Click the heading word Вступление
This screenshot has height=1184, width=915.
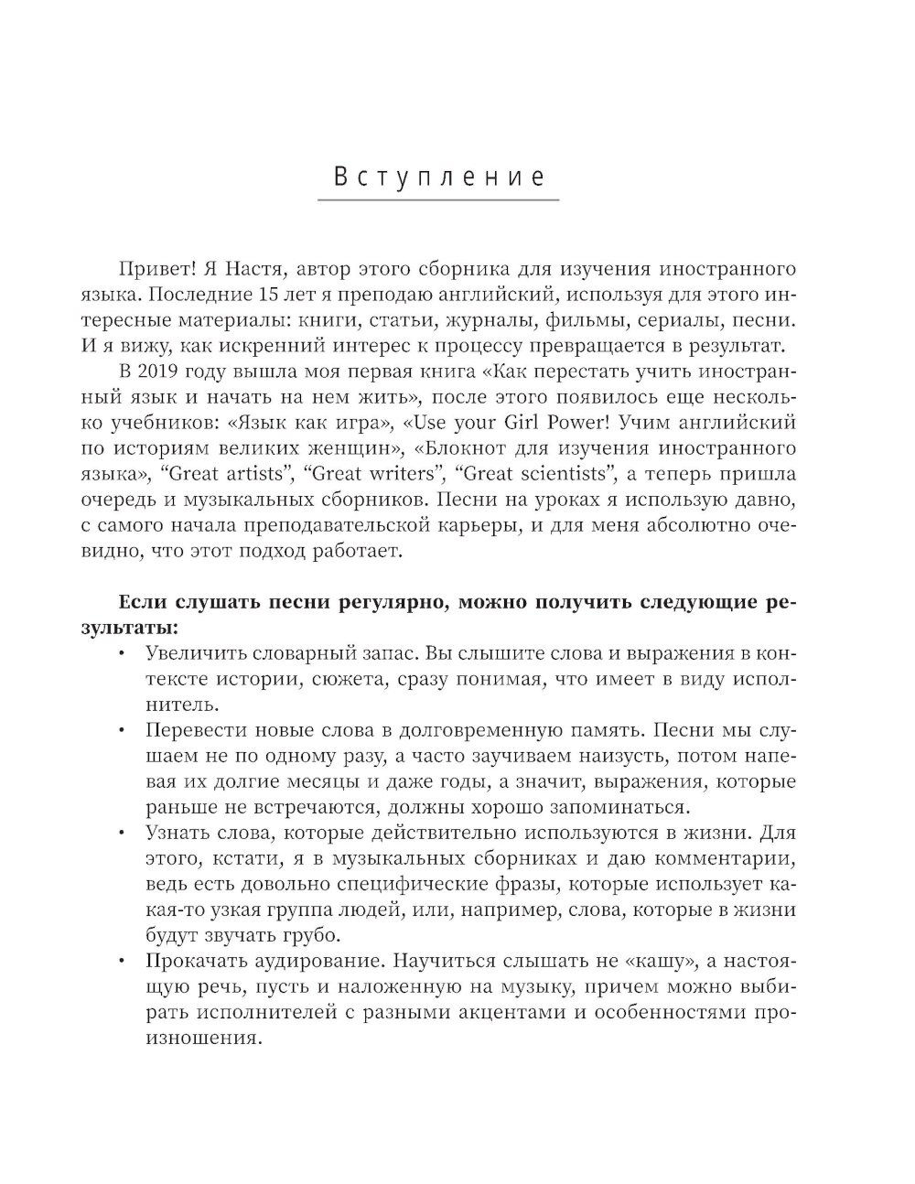(x=438, y=176)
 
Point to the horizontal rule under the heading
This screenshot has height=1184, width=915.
(x=438, y=199)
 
